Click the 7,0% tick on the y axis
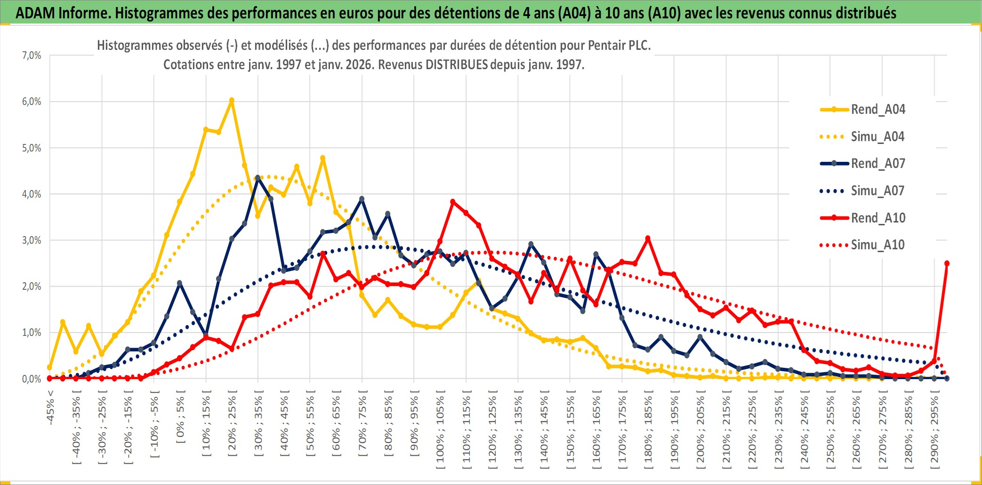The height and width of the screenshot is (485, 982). (x=32, y=56)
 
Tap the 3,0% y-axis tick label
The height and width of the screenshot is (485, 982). (x=32, y=240)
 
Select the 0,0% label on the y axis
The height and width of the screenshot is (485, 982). (x=32, y=379)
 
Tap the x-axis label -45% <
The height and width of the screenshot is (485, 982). (x=50, y=407)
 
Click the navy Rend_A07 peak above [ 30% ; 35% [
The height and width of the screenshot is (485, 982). (x=258, y=178)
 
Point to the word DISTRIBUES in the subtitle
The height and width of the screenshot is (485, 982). (x=456, y=64)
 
